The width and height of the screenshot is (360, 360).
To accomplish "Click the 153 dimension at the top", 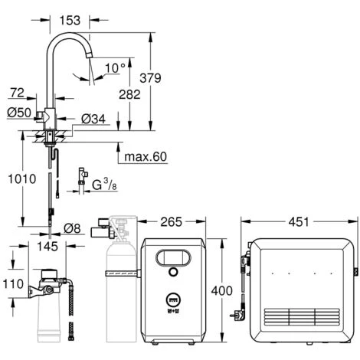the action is click(70, 20).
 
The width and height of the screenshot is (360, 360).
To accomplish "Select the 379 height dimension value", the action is click(150, 78).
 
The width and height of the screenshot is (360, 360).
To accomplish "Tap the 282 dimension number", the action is click(129, 94).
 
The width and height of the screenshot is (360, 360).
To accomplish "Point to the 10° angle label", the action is click(115, 68).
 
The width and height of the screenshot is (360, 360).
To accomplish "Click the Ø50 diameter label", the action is click(19, 113).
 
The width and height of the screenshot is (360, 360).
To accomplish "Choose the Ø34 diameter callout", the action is click(93, 119).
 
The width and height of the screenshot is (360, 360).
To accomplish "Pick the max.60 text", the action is click(146, 156).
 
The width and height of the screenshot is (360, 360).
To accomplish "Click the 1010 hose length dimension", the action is click(22, 178).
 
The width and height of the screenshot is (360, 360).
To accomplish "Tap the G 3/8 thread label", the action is click(104, 185).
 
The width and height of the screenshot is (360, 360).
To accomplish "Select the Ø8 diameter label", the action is click(72, 228).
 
